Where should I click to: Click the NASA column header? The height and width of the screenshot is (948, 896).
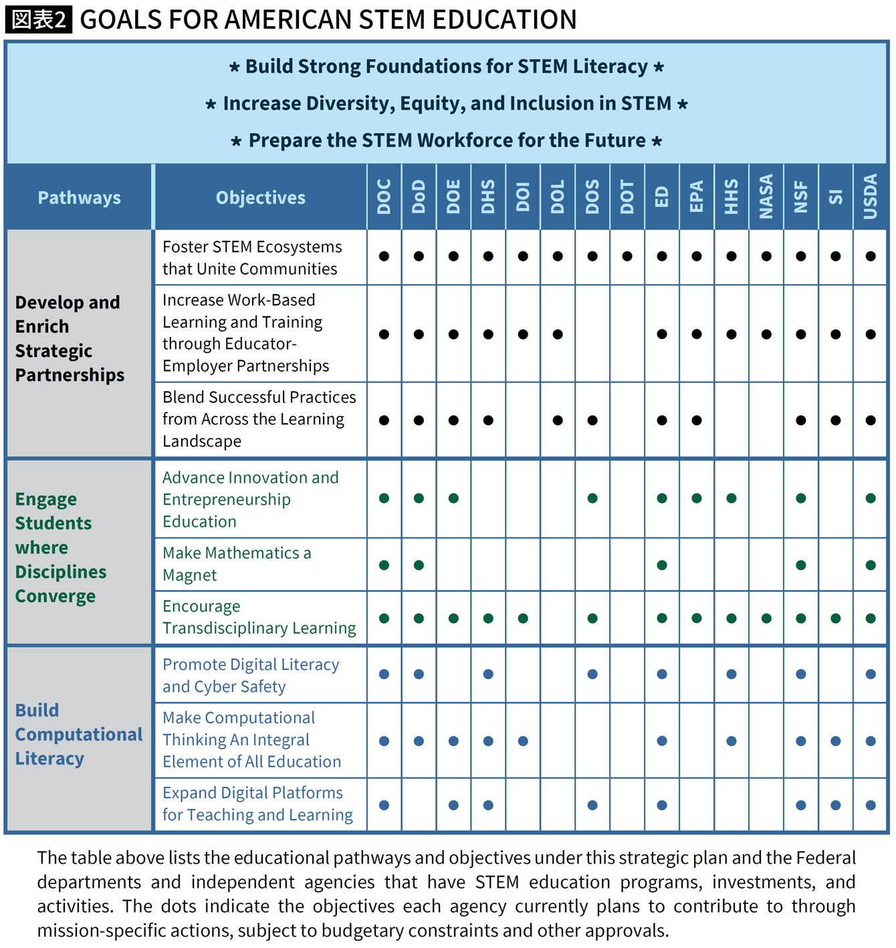click(x=766, y=197)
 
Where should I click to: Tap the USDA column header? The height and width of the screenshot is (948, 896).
click(x=870, y=197)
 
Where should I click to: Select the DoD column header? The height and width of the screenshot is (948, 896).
click(x=419, y=197)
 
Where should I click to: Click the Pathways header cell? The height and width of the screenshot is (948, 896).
click(x=79, y=198)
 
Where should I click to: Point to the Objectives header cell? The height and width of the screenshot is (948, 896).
click(x=260, y=198)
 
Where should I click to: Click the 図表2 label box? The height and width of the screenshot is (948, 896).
click(x=39, y=19)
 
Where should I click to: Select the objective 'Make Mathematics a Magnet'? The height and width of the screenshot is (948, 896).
click(x=236, y=564)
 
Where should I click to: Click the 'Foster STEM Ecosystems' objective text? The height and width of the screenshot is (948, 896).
click(x=251, y=257)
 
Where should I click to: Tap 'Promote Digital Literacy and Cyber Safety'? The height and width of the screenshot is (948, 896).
click(x=250, y=675)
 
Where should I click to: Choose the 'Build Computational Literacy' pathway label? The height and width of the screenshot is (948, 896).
click(x=78, y=734)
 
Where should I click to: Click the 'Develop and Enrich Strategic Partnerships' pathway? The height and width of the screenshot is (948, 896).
click(x=69, y=338)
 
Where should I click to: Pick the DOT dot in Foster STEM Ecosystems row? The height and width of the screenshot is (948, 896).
click(x=627, y=256)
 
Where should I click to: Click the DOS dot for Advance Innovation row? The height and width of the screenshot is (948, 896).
click(x=592, y=498)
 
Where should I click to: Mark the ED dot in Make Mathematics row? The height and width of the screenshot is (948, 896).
click(x=662, y=565)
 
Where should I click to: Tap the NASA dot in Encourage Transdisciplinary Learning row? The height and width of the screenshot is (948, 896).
click(x=766, y=618)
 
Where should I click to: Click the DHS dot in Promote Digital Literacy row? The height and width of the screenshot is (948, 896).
click(x=488, y=674)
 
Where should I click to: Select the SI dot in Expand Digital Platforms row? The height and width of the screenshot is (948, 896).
click(x=836, y=806)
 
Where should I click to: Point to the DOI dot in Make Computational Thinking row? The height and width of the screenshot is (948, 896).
click(x=523, y=741)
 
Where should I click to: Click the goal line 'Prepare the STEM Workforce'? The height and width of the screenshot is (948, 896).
click(x=447, y=140)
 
